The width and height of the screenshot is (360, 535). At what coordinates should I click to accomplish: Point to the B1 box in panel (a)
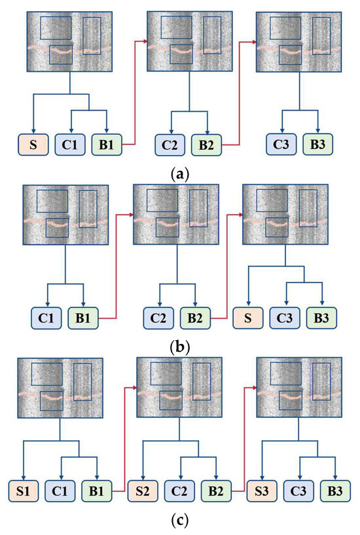[107, 144]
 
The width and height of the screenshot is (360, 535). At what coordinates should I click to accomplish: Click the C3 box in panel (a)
[282, 144]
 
